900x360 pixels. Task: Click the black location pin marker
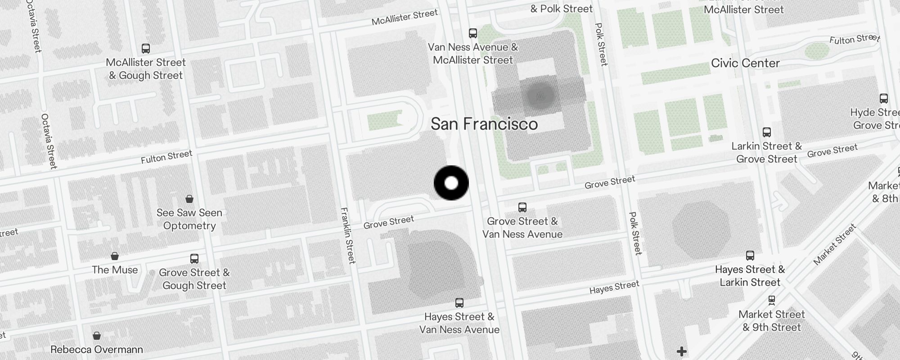coord(451,183)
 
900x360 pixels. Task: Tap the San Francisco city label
coord(484,124)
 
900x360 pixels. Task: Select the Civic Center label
coord(745,63)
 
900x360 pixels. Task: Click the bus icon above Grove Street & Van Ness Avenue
coord(522,207)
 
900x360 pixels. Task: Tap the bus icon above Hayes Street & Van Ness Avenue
coord(459,303)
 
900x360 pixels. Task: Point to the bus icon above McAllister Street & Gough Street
coord(145,49)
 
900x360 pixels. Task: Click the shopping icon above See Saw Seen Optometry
coord(189,199)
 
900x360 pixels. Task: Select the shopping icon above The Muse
coord(115,256)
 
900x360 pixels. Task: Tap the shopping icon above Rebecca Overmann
coord(96,336)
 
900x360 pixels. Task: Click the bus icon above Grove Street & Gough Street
coord(194,259)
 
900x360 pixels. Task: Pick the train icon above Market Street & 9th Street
coord(771,300)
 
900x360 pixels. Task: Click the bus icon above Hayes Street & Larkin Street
coord(750,256)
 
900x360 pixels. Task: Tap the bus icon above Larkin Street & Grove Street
coord(767,132)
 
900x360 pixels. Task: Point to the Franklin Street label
coord(348,235)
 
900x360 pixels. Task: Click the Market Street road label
coord(835,245)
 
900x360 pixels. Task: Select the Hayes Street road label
coord(614,287)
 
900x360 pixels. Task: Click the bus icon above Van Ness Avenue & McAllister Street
coord(472,33)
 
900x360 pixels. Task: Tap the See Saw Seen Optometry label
coord(189,219)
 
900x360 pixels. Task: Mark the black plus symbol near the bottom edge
coord(682,351)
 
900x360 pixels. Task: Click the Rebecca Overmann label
coord(97,350)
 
